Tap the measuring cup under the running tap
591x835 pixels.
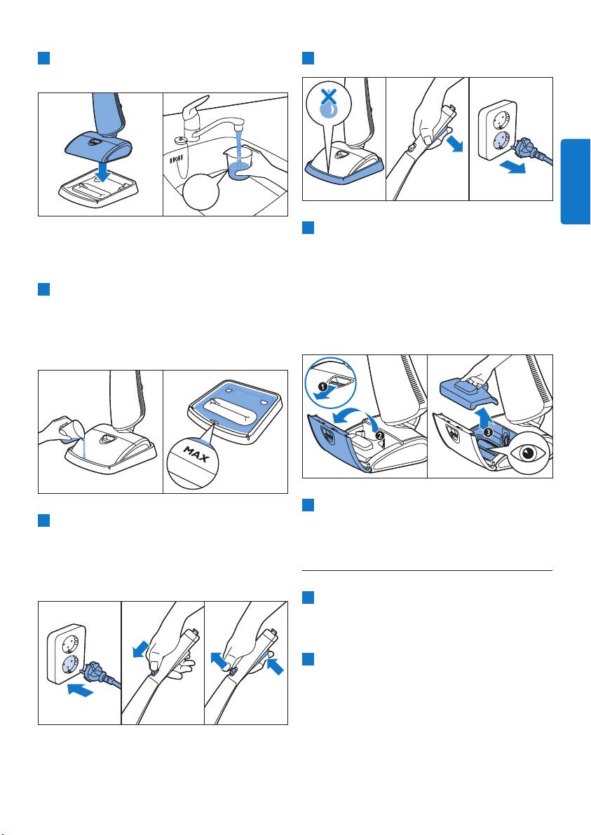click(x=238, y=163)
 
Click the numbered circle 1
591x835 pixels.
click(x=325, y=385)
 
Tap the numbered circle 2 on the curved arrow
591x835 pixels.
click(x=378, y=434)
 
